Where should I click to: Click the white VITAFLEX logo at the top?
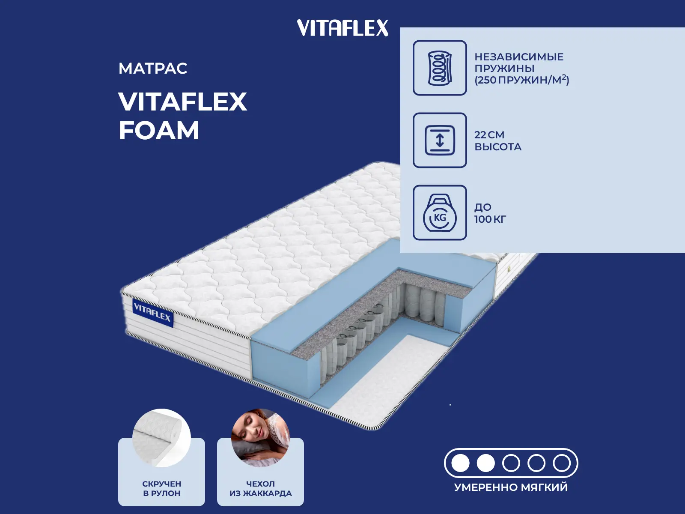pos(342,28)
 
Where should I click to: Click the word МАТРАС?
pos(153,69)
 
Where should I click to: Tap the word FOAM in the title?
pos(159,130)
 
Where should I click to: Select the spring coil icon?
pos(440,68)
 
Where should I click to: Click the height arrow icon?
pos(440,140)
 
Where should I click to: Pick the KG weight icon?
pos(440,212)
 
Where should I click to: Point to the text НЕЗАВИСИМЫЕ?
pos(519,57)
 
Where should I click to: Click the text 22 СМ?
pos(489,135)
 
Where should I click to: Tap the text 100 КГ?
pos(490,219)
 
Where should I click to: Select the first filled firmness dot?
pos(460,463)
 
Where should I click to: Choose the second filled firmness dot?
pos(485,463)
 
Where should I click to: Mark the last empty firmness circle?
pos(562,463)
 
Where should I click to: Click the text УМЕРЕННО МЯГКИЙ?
pos(511,487)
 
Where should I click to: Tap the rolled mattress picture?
pos(161,438)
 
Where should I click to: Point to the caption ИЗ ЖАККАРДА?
pos(261,493)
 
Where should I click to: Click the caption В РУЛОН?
pos(162,493)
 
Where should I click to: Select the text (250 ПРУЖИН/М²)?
pos(522,80)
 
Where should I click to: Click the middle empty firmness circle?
pos(511,463)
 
